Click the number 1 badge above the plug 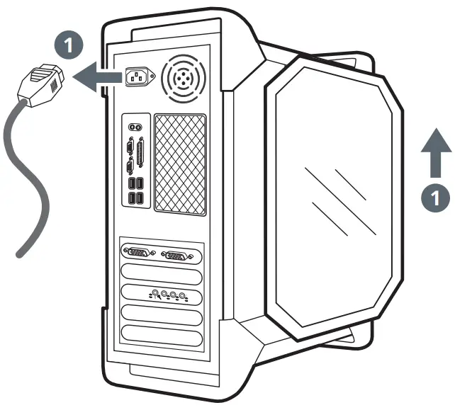coord(67,47)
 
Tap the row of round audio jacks coord(168,294)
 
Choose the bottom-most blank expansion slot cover coord(162,334)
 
